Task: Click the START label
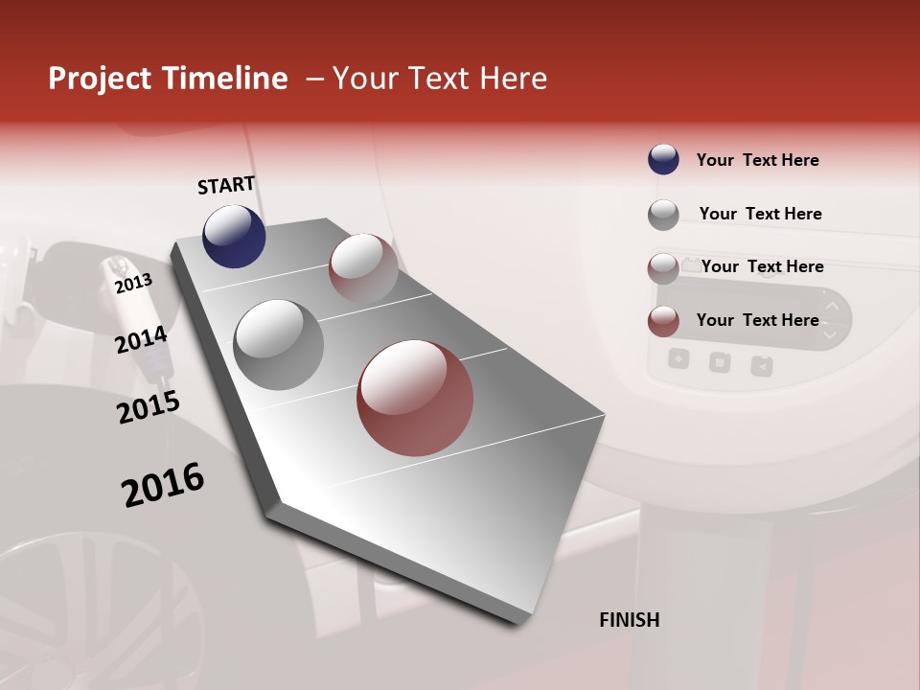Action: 226,185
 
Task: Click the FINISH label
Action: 629,620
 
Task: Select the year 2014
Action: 141,339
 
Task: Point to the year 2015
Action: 149,406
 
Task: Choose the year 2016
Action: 163,484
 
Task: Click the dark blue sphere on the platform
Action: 234,236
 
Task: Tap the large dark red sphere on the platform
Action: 415,398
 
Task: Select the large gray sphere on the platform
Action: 278,344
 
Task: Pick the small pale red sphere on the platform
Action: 363,268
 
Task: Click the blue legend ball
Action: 663,159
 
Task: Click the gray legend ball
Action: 663,215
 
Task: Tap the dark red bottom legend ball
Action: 663,321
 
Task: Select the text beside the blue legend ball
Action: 757,160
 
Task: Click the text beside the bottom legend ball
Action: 757,320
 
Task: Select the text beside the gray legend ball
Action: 760,214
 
